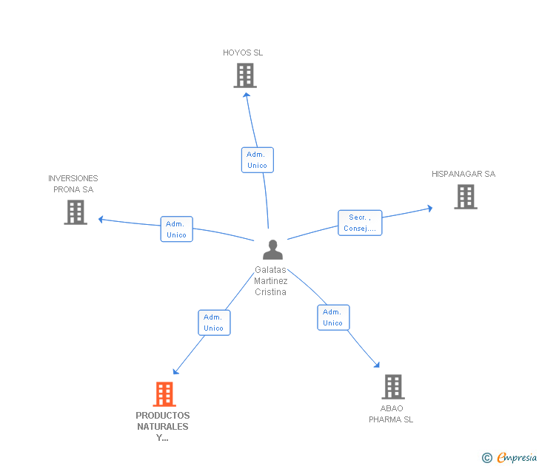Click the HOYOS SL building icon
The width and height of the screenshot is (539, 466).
(245, 75)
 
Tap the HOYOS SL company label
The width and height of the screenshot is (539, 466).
(243, 53)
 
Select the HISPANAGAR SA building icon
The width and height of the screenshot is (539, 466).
(465, 197)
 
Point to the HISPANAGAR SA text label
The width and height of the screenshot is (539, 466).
(463, 174)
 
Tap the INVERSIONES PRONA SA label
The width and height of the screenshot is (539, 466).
(73, 183)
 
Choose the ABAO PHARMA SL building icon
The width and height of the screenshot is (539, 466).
(392, 386)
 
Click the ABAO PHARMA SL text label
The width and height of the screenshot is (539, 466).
(391, 413)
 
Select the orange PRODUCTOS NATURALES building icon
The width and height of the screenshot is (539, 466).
(164, 394)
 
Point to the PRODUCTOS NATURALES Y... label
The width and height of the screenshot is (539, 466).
(163, 426)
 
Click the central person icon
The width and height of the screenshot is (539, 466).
(272, 250)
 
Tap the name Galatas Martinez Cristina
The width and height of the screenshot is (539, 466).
(270, 281)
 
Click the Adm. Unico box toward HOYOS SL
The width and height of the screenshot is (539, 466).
(257, 160)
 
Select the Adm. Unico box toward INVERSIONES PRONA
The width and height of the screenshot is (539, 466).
(176, 229)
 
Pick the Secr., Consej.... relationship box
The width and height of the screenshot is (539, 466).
(360, 223)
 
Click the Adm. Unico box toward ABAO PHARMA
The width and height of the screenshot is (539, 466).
(333, 317)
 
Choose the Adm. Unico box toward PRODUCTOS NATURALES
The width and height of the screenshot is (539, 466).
(214, 323)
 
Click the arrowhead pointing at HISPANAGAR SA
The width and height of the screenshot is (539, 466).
(429, 209)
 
